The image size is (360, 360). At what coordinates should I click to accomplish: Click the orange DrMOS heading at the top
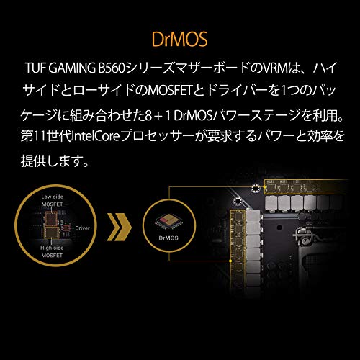(x=179, y=39)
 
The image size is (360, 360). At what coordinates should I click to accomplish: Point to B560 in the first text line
(x=112, y=68)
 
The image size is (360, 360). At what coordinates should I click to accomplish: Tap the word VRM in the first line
(x=272, y=68)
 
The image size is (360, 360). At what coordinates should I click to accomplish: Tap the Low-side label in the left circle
(x=52, y=197)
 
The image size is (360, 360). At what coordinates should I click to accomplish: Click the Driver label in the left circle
(x=82, y=228)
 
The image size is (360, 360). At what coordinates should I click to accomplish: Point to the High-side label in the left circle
(x=52, y=248)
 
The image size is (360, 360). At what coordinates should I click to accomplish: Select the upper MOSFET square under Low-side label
(x=52, y=219)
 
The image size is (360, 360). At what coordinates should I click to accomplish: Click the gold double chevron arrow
(x=120, y=227)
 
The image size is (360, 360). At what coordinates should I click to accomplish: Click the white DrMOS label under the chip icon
(x=168, y=238)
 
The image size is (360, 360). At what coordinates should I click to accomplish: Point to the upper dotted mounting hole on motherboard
(x=255, y=188)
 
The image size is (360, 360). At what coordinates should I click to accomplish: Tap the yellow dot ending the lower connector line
(x=230, y=261)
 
